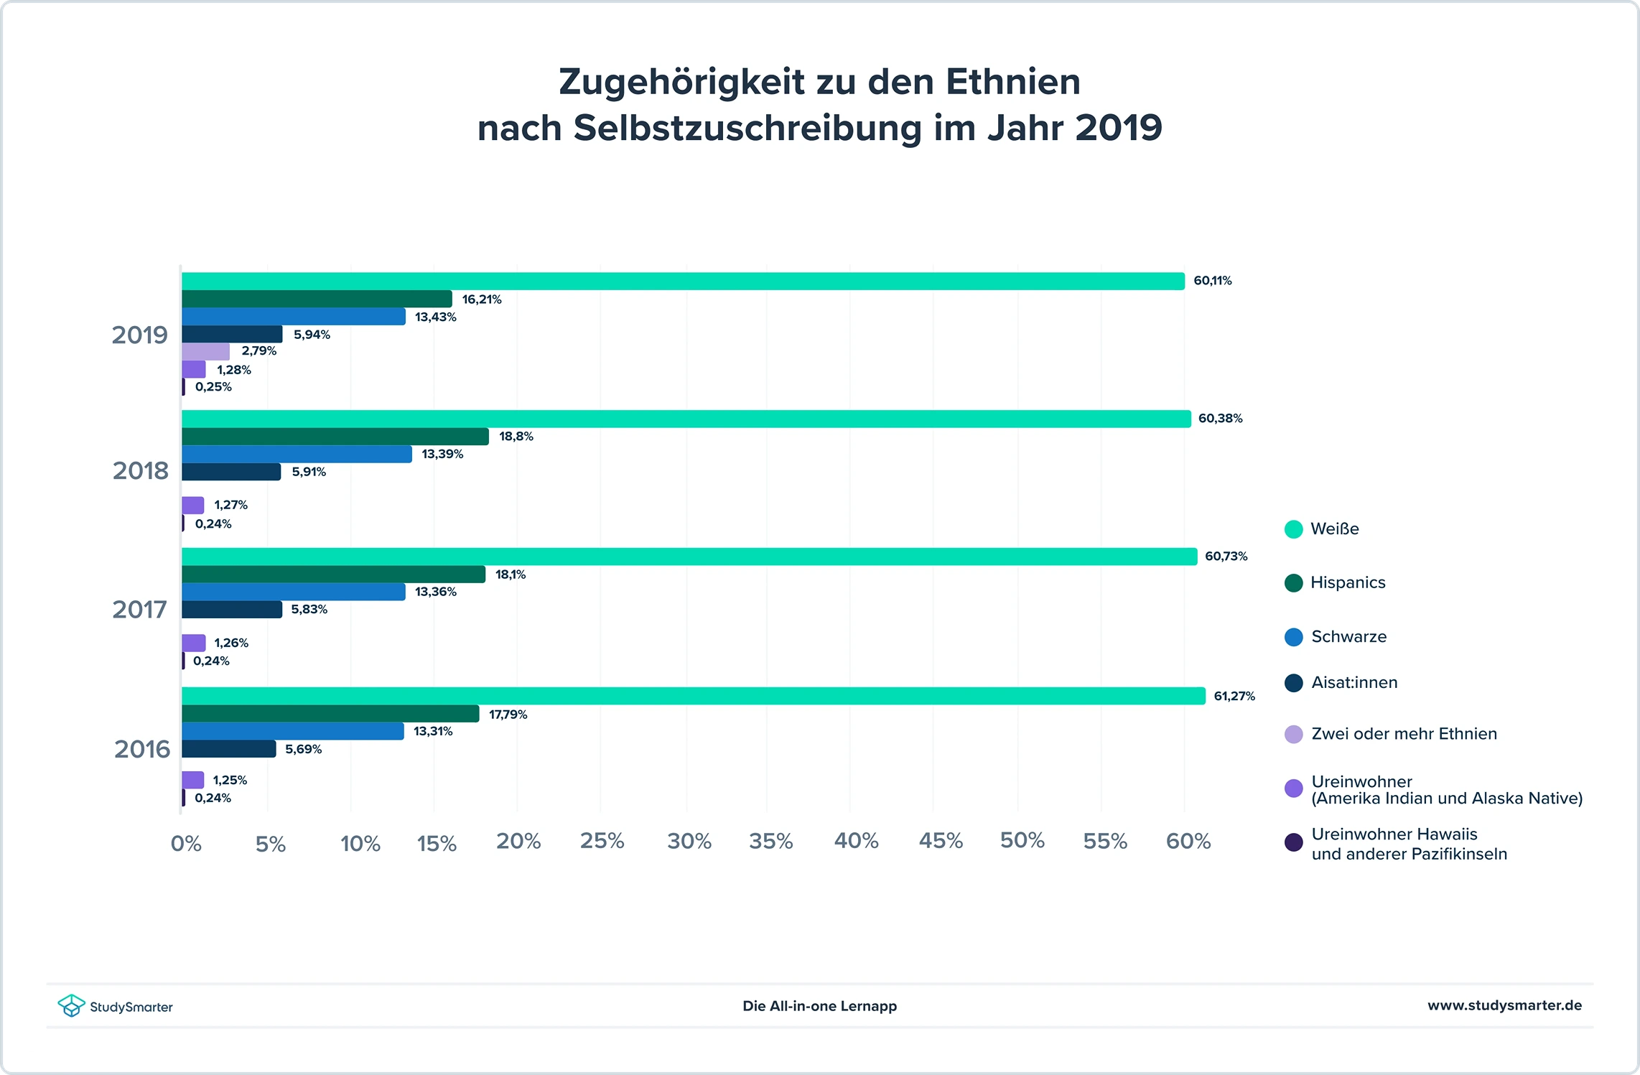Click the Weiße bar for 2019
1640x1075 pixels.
click(x=682, y=281)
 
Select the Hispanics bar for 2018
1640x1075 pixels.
click(x=335, y=437)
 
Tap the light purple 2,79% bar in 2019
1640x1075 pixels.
click(x=205, y=352)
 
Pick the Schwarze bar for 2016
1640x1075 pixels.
click(x=292, y=731)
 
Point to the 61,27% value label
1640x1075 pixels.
click(x=1234, y=696)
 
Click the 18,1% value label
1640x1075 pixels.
click(x=510, y=574)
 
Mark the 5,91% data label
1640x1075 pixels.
click(x=308, y=472)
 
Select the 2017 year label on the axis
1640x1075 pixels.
click(x=139, y=610)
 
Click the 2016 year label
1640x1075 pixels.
click(x=141, y=749)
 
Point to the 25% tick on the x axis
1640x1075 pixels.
click(x=602, y=841)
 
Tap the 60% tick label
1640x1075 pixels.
click(x=1188, y=841)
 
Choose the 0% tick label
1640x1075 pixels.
click(x=186, y=844)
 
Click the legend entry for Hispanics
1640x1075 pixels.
click(x=1347, y=582)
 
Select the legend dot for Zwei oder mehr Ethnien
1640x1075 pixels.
click(x=1293, y=735)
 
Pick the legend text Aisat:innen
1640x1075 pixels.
click(x=1354, y=682)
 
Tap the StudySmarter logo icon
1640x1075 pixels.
click(x=71, y=1005)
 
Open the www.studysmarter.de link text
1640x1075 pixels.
click(x=1504, y=1005)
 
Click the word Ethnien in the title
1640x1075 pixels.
click(x=1012, y=82)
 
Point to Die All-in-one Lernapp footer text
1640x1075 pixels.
click(x=819, y=1006)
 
